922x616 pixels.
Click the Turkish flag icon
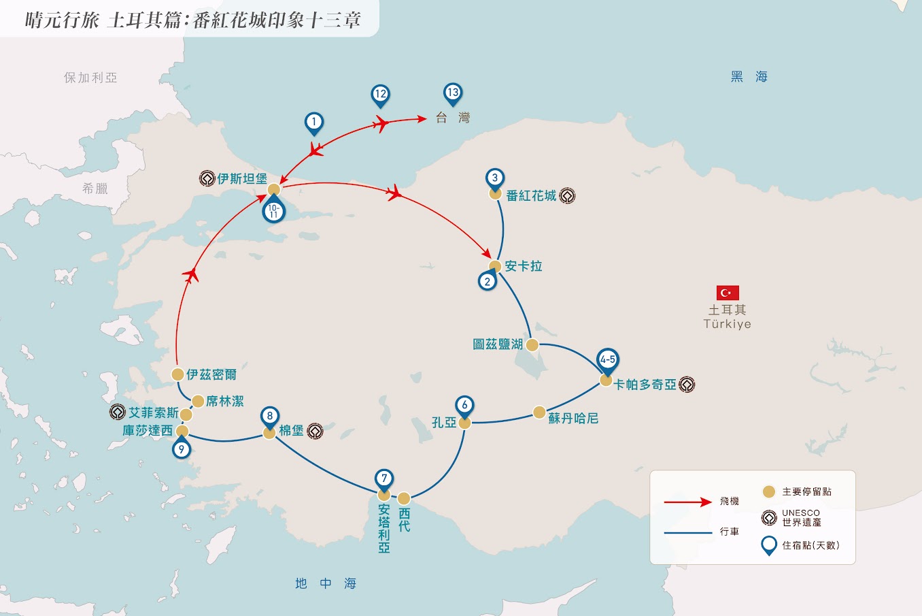[x=728, y=293]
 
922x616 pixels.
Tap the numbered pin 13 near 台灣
[x=453, y=93]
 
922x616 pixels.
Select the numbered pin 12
[x=380, y=95]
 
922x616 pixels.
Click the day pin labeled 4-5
[x=608, y=361]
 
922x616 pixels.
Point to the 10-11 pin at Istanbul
[x=274, y=210]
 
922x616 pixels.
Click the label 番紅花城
[x=531, y=196]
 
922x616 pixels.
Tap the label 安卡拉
[x=523, y=266]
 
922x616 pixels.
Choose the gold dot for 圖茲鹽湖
[x=532, y=345]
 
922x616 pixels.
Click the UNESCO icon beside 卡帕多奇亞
[x=687, y=385]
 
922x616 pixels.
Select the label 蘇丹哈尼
[x=573, y=419]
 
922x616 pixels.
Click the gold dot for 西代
[x=404, y=498]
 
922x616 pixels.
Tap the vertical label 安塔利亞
[x=384, y=528]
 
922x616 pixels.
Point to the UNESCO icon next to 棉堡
[x=315, y=431]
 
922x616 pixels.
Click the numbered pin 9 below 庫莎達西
[x=182, y=448]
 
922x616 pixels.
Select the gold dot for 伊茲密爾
[x=177, y=374]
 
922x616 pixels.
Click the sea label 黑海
[x=749, y=77]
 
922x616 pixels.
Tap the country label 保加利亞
[x=90, y=78]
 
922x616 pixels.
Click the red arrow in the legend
[x=688, y=502]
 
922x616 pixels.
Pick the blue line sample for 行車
[x=688, y=533]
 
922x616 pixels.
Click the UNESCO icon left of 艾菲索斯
[x=118, y=412]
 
